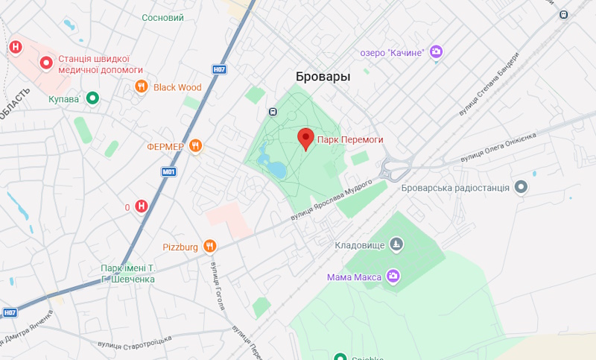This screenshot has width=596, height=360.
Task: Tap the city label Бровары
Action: point(323,77)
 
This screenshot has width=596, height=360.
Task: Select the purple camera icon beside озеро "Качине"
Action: point(437,51)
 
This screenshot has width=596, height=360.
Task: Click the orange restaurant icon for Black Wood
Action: point(141,87)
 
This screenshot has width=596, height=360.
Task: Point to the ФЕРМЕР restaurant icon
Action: point(195,146)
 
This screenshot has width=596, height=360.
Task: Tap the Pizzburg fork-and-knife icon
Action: point(211,246)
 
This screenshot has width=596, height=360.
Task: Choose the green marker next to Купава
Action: point(92,98)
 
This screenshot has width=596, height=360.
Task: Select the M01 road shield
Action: point(169,171)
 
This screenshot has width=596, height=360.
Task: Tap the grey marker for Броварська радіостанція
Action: point(521,188)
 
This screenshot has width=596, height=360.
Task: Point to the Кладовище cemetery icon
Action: point(396,244)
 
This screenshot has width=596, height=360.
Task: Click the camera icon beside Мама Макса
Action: point(393,277)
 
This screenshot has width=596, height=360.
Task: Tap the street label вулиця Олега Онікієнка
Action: point(498,148)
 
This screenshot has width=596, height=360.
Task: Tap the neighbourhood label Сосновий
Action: point(162,16)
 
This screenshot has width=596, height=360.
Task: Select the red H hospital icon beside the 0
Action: point(141,206)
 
